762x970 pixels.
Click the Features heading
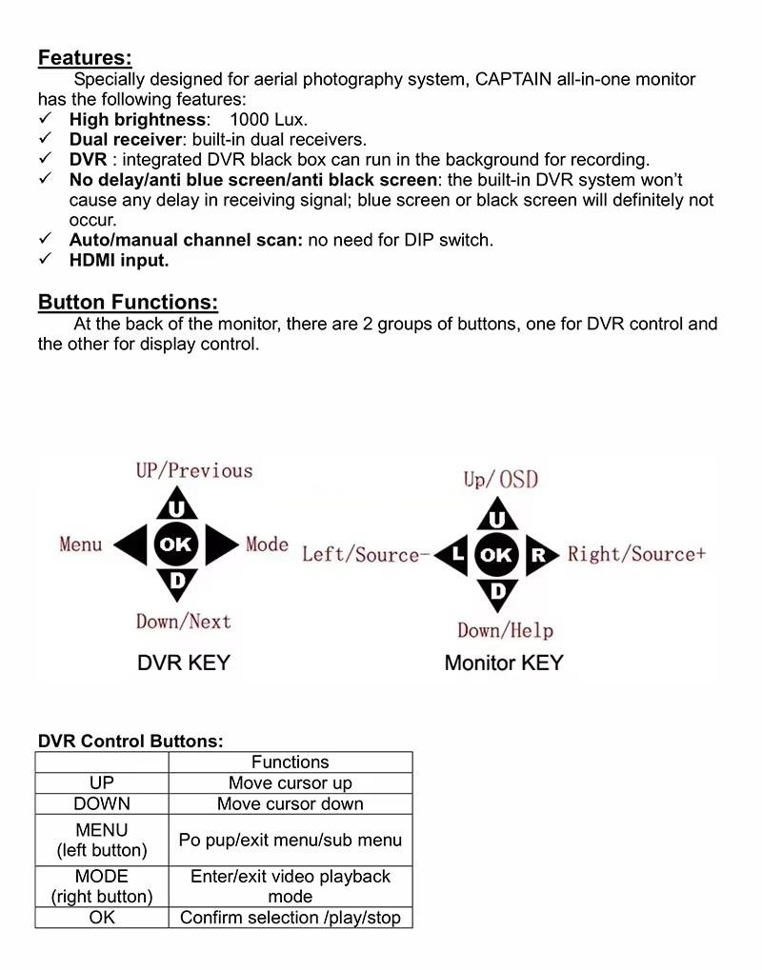(85, 58)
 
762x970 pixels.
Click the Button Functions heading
(128, 303)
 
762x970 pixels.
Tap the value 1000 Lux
(269, 120)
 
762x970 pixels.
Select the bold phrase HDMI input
(118, 260)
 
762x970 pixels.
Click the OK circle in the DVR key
(176, 545)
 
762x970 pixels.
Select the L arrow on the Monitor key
(455, 554)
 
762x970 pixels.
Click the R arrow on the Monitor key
(539, 554)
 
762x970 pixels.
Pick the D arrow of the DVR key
(176, 580)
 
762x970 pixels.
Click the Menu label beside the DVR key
(81, 544)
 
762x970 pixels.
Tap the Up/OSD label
(501, 480)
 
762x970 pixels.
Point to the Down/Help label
(505, 630)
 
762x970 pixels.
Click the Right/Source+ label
(636, 554)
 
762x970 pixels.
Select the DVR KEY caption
(184, 663)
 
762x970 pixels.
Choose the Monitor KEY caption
(504, 663)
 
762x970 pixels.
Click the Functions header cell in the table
(290, 762)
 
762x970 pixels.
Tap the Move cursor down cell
(290, 803)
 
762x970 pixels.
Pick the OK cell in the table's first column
(102, 918)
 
